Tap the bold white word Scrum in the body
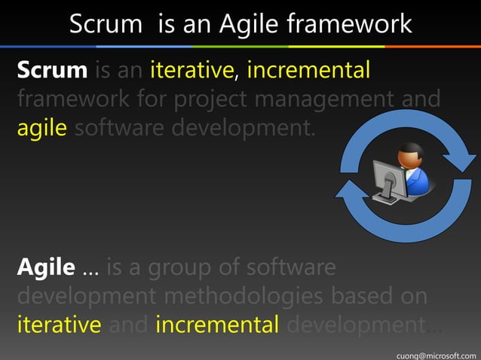[x=52, y=71]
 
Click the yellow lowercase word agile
[x=44, y=128]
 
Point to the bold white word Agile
[x=45, y=267]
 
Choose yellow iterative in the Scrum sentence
[x=192, y=71]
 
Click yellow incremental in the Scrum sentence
[x=308, y=71]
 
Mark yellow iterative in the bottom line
[x=59, y=325]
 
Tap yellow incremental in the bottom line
[x=218, y=325]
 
